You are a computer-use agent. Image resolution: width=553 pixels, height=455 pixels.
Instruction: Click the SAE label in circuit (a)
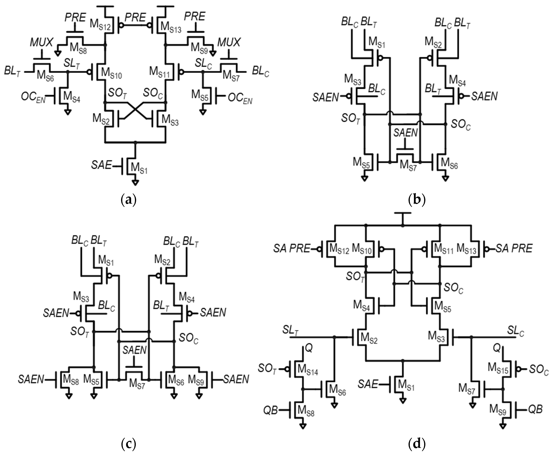[x=101, y=165]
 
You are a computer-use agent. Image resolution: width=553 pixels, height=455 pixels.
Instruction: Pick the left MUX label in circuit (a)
[x=41, y=42]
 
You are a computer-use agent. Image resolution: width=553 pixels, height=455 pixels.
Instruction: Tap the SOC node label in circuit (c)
[x=188, y=338]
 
